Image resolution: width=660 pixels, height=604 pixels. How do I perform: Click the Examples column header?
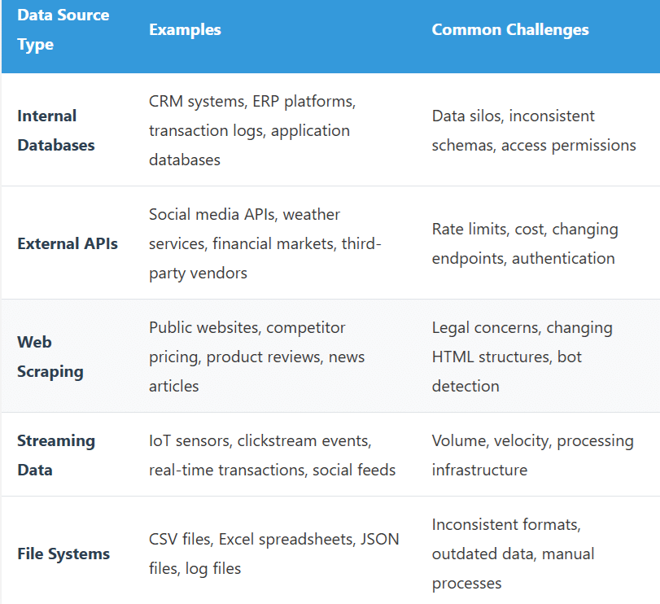click(185, 30)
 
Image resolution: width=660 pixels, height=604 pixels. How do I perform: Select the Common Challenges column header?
click(510, 30)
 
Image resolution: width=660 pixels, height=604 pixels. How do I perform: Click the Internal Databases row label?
click(56, 130)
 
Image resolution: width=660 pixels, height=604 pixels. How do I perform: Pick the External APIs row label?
click(68, 243)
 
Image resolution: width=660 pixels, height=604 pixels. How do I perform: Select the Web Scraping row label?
click(50, 357)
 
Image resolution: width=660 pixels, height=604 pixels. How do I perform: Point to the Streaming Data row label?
click(56, 455)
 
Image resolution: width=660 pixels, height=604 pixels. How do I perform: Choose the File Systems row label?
click(63, 554)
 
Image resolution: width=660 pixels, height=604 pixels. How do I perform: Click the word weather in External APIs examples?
click(312, 214)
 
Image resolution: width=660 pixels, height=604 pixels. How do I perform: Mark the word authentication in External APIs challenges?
click(563, 258)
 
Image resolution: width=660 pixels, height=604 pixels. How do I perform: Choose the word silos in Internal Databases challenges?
click(487, 116)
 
